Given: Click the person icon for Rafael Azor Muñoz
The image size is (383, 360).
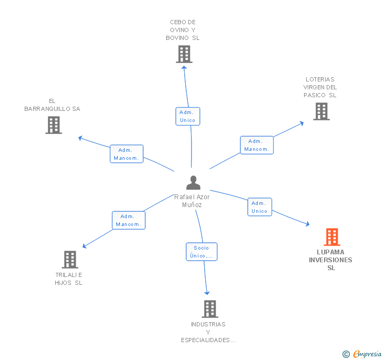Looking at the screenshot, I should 194,182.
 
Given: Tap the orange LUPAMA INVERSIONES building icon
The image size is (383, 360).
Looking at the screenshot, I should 331,237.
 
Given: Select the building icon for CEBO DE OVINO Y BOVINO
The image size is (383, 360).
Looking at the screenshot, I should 184,54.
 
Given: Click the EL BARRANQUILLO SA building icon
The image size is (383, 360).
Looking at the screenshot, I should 54,125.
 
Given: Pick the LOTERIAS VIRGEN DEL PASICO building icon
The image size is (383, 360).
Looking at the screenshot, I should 321,111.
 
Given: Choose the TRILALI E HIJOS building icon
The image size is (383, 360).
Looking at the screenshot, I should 69,260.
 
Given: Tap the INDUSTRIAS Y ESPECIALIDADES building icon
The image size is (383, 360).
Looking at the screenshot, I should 209,309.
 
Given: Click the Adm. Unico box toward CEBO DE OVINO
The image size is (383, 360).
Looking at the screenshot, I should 187,116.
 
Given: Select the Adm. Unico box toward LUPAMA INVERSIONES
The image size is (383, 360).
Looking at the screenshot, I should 259,207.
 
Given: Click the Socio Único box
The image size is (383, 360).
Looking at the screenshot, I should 201,252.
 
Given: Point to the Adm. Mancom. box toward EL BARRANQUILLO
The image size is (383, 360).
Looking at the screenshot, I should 126,154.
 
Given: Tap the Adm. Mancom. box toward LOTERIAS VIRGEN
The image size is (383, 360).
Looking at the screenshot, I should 257,145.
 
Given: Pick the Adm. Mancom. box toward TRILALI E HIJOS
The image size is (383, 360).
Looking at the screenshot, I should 128,220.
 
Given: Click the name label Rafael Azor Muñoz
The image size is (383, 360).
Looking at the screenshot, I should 192,201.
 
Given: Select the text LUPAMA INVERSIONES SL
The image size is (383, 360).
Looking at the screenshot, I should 330,260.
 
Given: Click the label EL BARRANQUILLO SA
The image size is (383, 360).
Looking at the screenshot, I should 52,105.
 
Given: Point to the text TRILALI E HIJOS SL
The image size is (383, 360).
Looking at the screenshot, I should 69,279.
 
